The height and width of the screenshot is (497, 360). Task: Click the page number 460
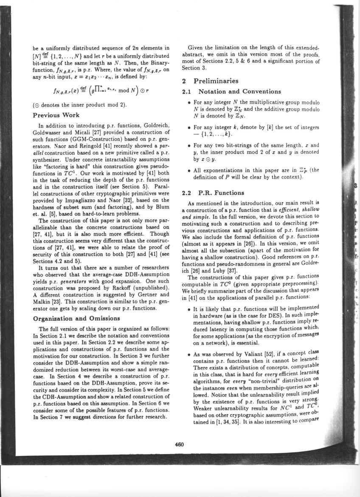point(179,444)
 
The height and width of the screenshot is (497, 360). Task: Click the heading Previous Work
point(57,115)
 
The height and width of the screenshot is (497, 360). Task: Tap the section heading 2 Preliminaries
point(210,81)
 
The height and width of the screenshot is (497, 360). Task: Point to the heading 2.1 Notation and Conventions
point(231,91)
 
